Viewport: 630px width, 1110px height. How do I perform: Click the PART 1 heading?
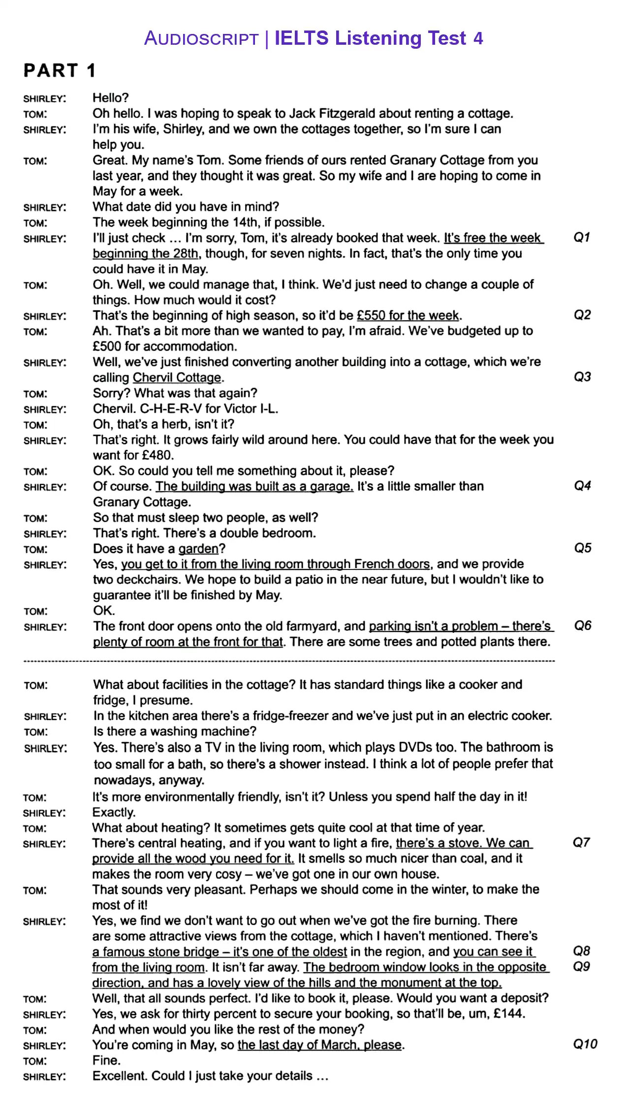click(60, 70)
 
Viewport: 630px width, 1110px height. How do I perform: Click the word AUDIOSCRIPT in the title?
click(201, 38)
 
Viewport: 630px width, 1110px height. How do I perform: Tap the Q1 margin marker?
click(582, 238)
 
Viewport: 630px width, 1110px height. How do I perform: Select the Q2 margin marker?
click(582, 315)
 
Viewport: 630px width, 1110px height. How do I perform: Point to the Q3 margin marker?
click(582, 377)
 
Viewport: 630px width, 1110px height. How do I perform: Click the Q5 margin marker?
click(583, 548)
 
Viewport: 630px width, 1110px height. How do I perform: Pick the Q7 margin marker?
click(581, 842)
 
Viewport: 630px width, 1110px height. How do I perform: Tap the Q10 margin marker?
click(585, 1044)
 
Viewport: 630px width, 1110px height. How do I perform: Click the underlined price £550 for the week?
click(408, 315)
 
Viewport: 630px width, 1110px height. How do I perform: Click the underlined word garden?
click(198, 549)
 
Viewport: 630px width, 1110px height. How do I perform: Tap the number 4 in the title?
click(478, 38)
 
